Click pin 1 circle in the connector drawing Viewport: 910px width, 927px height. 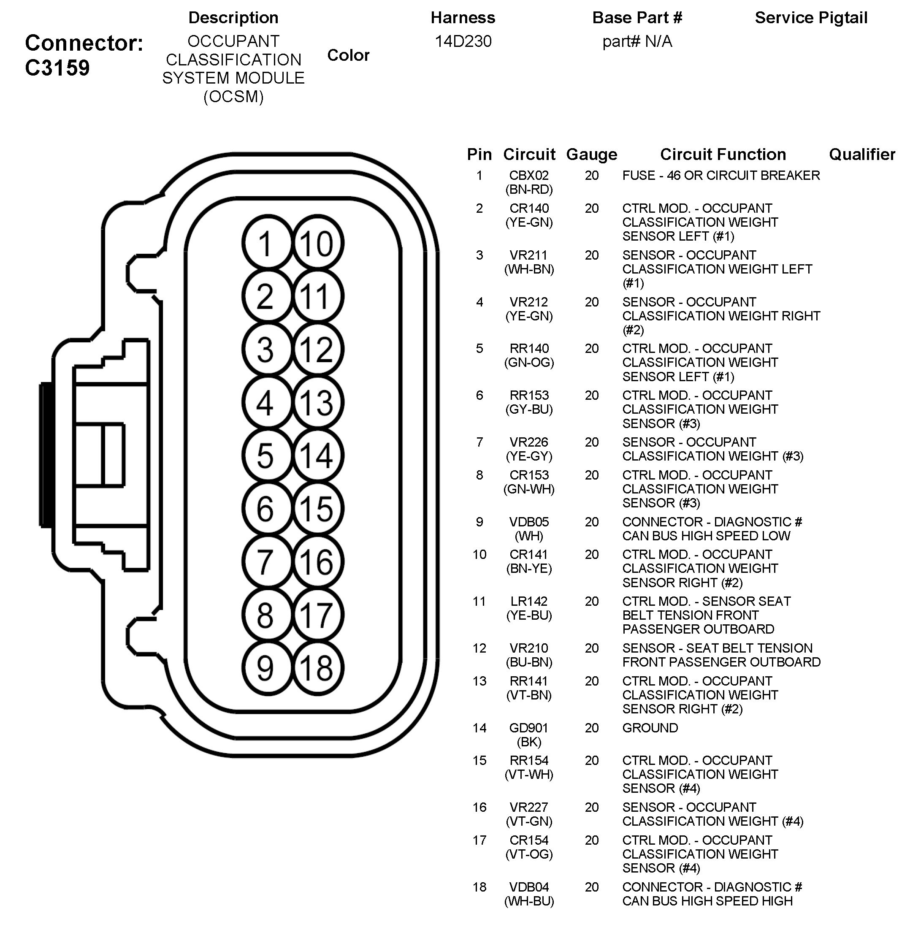[266, 243]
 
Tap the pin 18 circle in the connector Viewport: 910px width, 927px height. [317, 667]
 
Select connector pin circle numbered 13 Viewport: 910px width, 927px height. [317, 402]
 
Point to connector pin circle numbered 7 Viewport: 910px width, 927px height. [266, 561]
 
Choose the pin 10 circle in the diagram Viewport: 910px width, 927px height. [317, 243]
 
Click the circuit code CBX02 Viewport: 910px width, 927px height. [528, 176]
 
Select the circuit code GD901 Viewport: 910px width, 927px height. [528, 728]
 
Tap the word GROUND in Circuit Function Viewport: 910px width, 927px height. [650, 728]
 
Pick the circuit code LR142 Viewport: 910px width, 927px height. [528, 601]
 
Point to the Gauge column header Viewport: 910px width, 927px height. [591, 154]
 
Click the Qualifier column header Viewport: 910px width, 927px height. [862, 154]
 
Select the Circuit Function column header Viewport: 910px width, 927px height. [723, 154]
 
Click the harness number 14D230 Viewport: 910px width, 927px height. [463, 42]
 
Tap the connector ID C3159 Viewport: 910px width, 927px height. [57, 68]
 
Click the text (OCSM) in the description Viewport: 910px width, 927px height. [233, 97]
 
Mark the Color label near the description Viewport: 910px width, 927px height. [348, 55]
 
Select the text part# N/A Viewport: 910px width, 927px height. [636, 42]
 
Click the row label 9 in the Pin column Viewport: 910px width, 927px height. [479, 522]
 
